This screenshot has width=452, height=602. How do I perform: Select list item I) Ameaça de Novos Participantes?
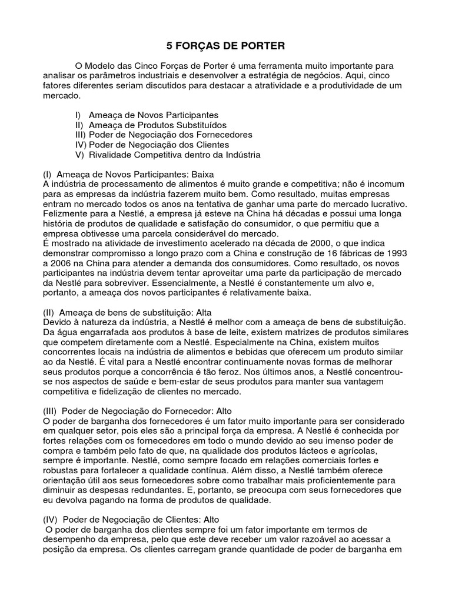pyautogui.click(x=147, y=115)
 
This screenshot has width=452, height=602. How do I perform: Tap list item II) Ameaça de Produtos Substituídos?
pyautogui.click(x=151, y=125)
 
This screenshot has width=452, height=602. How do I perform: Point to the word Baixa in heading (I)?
pyautogui.click(x=202, y=175)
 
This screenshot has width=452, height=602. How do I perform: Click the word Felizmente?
pyautogui.click(x=65, y=214)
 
